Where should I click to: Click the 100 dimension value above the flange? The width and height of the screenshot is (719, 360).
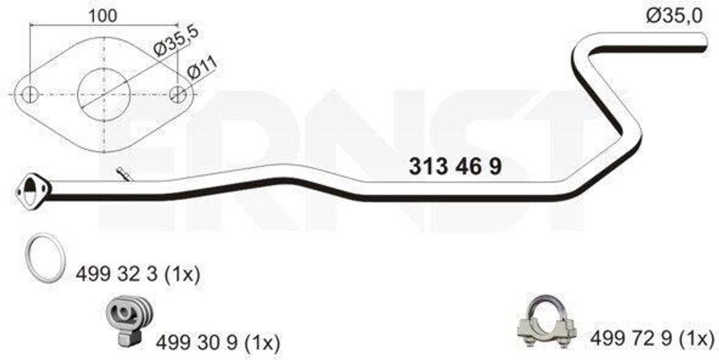pos(103,15)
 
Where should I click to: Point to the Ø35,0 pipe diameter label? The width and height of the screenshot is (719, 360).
pos(673,16)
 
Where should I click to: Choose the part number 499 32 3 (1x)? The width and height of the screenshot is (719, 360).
pos(138,274)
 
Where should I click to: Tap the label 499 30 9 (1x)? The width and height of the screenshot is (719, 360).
pos(218,342)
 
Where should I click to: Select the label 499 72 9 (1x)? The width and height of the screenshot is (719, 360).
pos(652,338)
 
